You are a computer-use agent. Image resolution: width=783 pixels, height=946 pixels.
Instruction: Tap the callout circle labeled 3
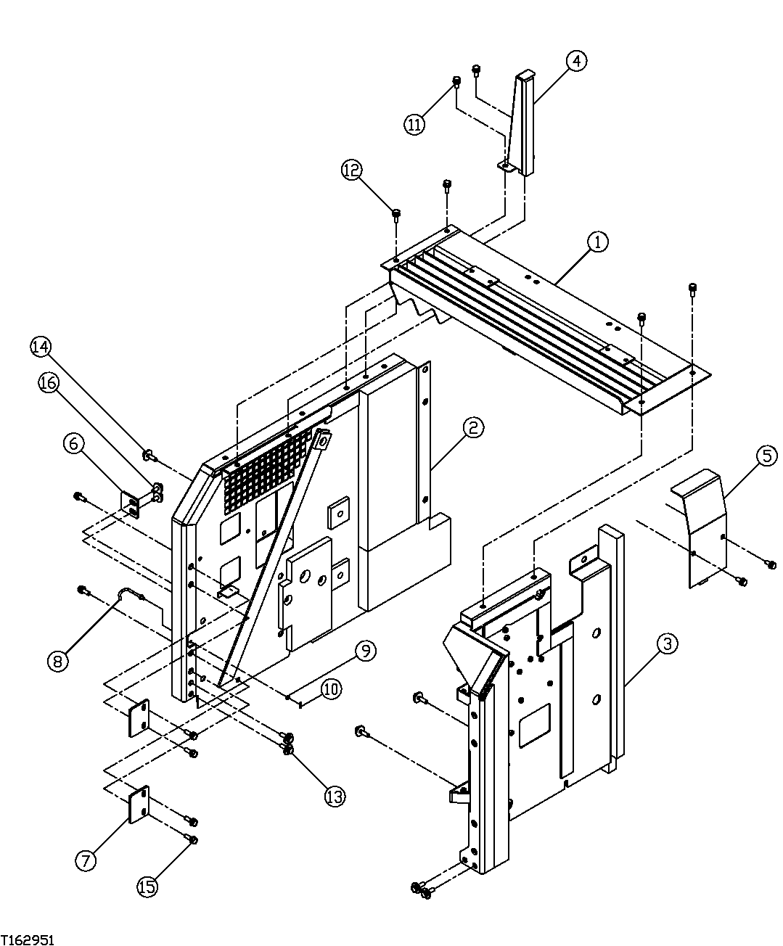(668, 643)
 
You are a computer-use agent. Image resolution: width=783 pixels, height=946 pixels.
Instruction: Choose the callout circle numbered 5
(766, 456)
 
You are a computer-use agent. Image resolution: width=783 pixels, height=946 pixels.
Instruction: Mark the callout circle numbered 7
(86, 860)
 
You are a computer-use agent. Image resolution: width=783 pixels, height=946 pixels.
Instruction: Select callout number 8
(58, 660)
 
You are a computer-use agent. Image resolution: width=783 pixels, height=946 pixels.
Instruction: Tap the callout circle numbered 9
(365, 651)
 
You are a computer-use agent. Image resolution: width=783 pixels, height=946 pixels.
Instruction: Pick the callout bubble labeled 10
(330, 688)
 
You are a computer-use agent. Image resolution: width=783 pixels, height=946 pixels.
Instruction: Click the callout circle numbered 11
(414, 125)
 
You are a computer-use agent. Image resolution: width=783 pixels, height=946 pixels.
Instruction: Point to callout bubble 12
(352, 170)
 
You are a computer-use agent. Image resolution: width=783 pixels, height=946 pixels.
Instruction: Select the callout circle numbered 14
(41, 347)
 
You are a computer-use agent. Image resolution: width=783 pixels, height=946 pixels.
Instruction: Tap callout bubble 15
(147, 887)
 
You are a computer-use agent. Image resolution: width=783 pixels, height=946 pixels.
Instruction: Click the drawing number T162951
(28, 939)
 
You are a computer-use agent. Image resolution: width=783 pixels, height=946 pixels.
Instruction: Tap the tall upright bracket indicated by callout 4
(525, 123)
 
